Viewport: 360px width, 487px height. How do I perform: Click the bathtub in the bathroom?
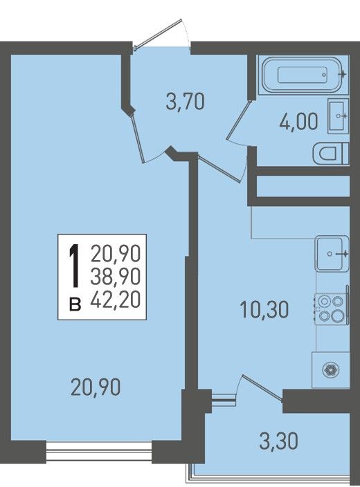point(302,75)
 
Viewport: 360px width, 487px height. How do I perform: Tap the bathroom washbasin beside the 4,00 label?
point(338,116)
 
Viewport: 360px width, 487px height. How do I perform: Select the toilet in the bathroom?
point(331,154)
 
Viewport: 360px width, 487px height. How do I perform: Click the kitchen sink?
point(332,253)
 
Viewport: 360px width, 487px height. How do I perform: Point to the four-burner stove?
point(332,309)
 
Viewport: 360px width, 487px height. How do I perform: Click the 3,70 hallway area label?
point(186,102)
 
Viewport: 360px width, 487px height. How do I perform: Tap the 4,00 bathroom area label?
point(299,122)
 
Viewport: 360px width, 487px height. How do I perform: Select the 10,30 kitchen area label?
point(264,310)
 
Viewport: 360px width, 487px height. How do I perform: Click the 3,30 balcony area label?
point(278,441)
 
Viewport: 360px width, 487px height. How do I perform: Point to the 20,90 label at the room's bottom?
point(96,387)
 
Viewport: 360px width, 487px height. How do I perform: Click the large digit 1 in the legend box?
point(74,266)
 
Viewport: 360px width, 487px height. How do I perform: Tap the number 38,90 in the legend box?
point(116,277)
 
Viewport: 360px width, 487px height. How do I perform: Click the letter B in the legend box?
point(75,304)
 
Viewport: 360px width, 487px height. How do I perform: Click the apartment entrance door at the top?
point(158,34)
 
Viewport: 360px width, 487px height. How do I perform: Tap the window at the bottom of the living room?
point(99,452)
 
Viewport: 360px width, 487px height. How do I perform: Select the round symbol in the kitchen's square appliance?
point(331,370)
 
